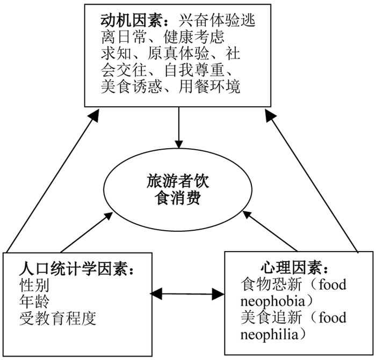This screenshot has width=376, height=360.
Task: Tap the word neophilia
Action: pyautogui.click(x=268, y=334)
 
